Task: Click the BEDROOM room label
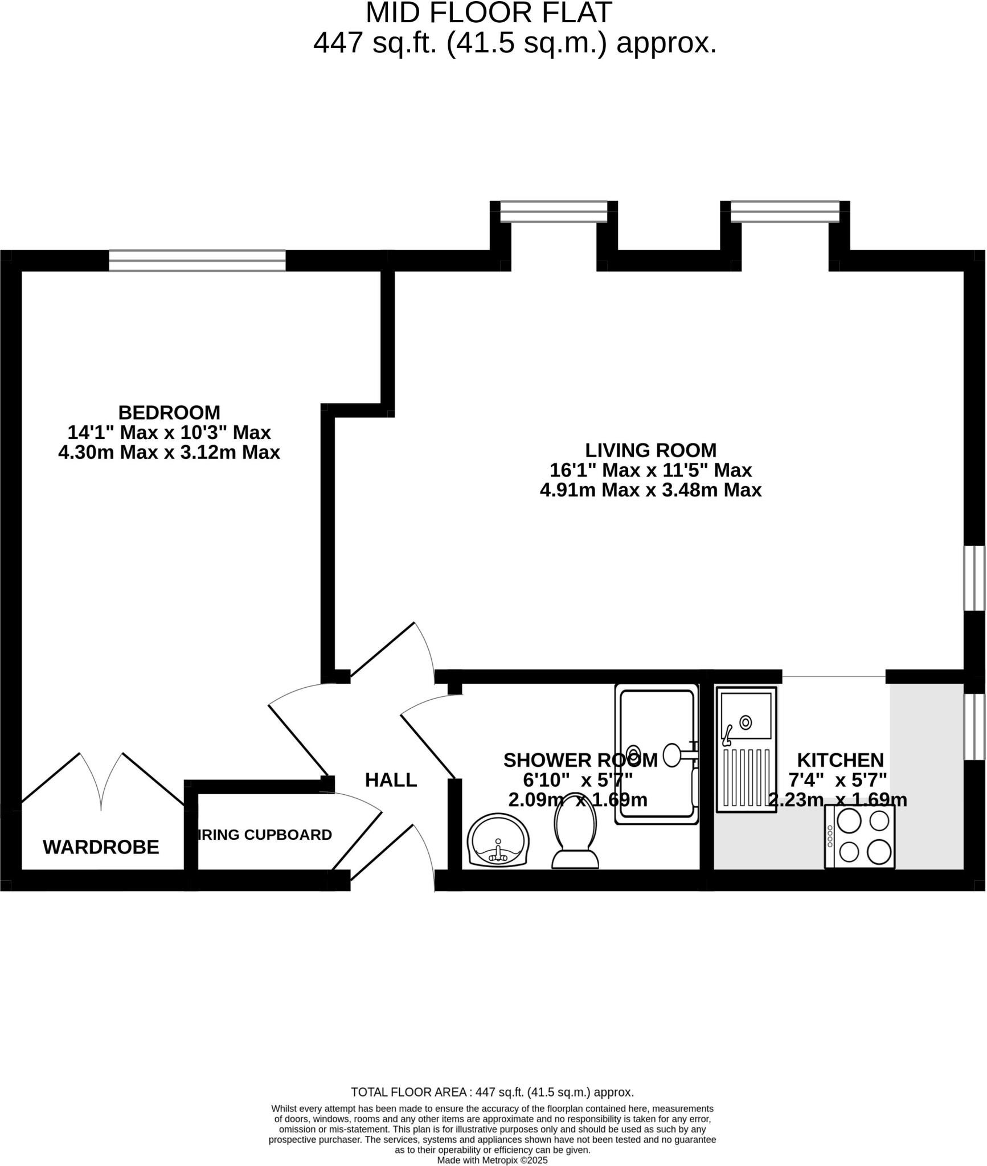coord(169,412)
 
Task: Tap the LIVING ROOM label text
coord(650,450)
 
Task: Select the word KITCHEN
coord(839,760)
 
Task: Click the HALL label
coord(391,780)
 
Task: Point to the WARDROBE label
coord(101,847)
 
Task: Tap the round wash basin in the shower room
coord(498,841)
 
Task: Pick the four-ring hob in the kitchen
coord(859,836)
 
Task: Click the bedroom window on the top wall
coord(197,261)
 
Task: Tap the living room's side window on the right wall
coord(974,578)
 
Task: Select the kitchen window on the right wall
coord(974,726)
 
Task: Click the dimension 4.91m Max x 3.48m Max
coord(650,490)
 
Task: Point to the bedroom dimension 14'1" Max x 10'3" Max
coord(169,433)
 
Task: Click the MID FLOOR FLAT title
coord(489,13)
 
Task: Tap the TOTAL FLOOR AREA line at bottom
coord(492,1092)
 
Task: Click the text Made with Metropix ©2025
coord(492,1160)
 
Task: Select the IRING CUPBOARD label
coord(265,835)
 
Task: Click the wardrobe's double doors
coord(101,780)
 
